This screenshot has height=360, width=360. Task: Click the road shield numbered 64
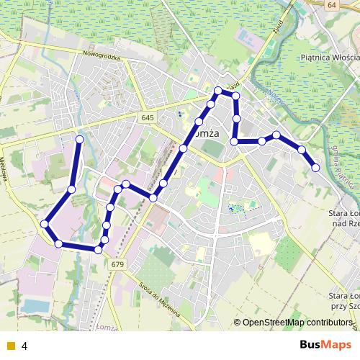[x=330, y=5]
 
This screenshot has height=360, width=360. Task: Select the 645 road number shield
[x=148, y=117]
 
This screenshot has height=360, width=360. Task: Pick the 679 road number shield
[x=117, y=264]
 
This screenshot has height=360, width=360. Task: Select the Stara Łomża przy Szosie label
[x=343, y=300]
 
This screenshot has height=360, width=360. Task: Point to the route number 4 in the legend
[x=24, y=346]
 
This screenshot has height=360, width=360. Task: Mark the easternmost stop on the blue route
[x=315, y=168]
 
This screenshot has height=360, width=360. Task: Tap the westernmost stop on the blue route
[x=45, y=224]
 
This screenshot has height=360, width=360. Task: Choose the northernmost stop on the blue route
[x=218, y=90]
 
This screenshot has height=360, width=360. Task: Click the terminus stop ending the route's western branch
[x=80, y=138]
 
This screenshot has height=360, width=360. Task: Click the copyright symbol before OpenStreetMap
[x=238, y=322]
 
